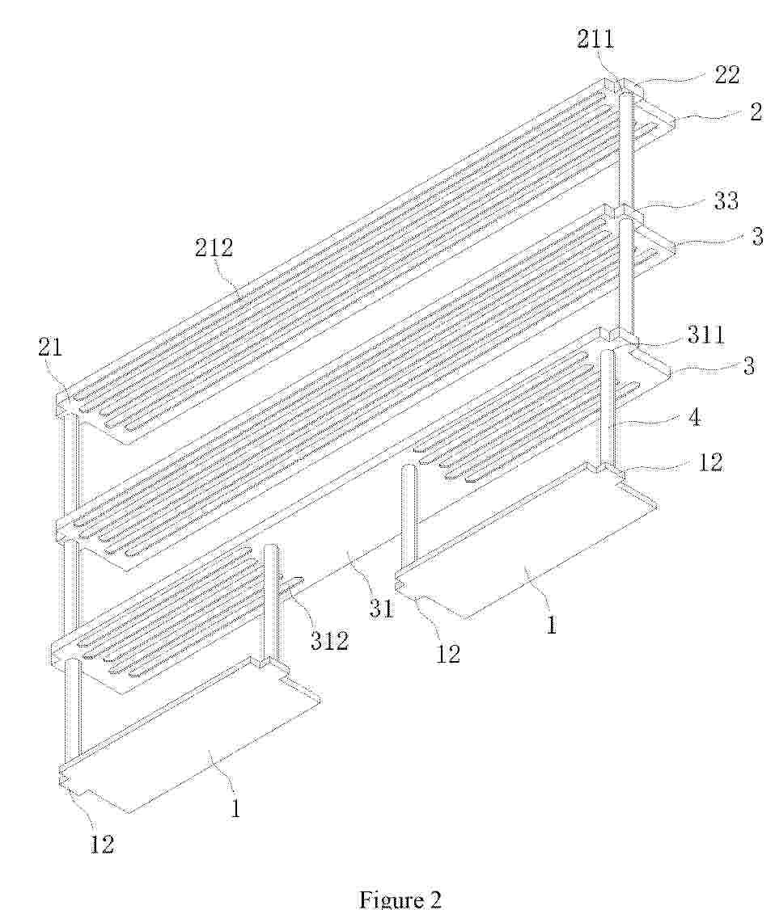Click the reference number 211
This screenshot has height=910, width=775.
coord(595,39)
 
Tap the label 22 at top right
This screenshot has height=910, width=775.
coord(726,74)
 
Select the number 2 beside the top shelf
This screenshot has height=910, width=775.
coord(755,111)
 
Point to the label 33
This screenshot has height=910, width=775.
coord(726,200)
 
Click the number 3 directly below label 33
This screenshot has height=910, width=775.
coord(756,236)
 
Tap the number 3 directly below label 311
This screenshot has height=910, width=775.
coord(748,365)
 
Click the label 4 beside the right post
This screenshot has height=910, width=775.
coord(694,417)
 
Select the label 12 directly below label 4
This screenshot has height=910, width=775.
coord(709,461)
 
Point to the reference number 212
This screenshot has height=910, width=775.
coord(214,247)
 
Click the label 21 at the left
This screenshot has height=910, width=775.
coord(50,347)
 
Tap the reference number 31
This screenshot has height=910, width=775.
coord(380,609)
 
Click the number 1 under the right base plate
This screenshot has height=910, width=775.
coord(551,624)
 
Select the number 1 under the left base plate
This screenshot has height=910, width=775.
coord(236,807)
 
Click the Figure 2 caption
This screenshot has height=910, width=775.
coord(400,899)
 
